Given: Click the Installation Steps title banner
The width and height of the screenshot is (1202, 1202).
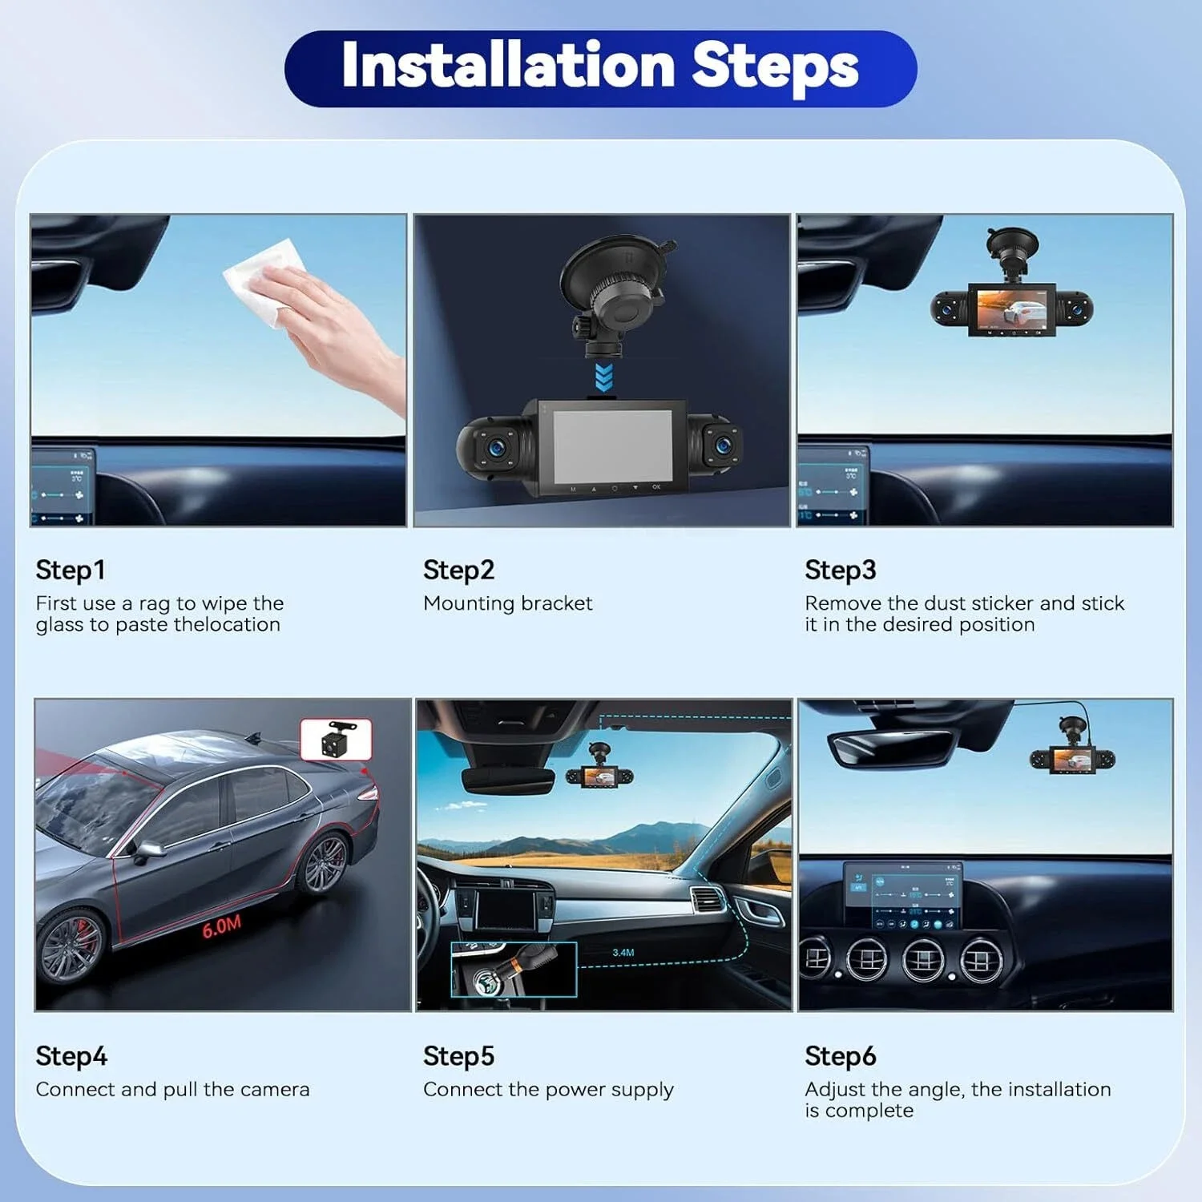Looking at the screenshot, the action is [x=600, y=69].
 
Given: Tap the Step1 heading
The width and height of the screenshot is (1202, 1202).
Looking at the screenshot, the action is [x=71, y=570].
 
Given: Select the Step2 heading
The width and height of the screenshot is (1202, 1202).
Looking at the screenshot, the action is [x=458, y=570].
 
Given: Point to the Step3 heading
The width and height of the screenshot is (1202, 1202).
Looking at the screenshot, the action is [x=841, y=570].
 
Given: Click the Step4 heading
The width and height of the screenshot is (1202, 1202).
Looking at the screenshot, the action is [x=71, y=1056].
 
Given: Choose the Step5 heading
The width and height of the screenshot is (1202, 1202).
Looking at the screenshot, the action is [x=458, y=1056].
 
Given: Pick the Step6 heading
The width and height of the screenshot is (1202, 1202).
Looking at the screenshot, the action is [x=841, y=1056].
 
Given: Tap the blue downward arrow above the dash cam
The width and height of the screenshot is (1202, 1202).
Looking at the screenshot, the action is [x=604, y=377].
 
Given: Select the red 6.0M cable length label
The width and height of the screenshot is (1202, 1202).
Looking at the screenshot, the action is [x=221, y=927].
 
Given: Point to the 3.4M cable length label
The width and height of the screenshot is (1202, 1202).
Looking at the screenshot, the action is [x=623, y=953].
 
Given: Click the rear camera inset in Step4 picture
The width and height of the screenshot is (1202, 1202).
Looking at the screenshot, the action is [x=336, y=740].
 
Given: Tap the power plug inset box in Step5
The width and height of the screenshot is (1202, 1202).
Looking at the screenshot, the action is [x=514, y=970].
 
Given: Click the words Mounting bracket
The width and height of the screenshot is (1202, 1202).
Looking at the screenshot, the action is [x=507, y=603].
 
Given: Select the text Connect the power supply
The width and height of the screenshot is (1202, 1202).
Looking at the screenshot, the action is [x=548, y=1090].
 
